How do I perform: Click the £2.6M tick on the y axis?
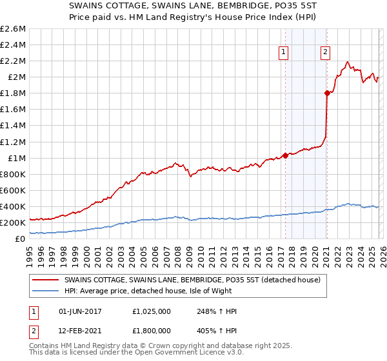click(x=13, y=29)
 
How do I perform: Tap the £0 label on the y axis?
click(x=21, y=239)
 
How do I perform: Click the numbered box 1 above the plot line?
click(x=284, y=53)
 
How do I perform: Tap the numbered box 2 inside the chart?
click(x=326, y=53)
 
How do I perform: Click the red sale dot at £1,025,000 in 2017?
click(x=284, y=155)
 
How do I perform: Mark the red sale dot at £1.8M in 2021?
click(x=327, y=93)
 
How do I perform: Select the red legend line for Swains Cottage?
click(x=46, y=280)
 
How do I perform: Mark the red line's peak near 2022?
click(x=348, y=62)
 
